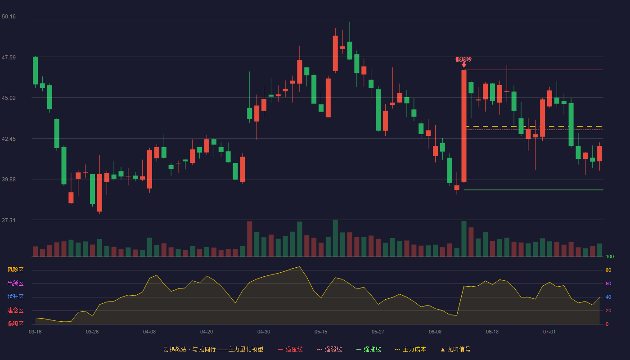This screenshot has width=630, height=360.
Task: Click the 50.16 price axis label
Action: pyautogui.click(x=9, y=17)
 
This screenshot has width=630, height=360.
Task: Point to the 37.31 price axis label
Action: pyautogui.click(x=9, y=220)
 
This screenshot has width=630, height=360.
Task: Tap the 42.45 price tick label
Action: pyautogui.click(x=9, y=139)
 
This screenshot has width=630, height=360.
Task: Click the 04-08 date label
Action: pyautogui.click(x=149, y=332)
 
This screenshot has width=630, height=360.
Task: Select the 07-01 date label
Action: pyautogui.click(x=549, y=332)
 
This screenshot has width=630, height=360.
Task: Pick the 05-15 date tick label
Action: pyautogui.click(x=321, y=332)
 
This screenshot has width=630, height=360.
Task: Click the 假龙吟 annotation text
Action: pyautogui.click(x=463, y=59)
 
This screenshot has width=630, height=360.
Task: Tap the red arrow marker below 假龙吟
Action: pyautogui.click(x=464, y=65)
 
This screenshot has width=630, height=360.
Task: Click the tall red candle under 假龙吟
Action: pyautogui.click(x=464, y=126)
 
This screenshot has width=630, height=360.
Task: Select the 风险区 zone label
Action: pyautogui.click(x=15, y=270)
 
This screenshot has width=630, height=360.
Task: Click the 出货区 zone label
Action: pyautogui.click(x=15, y=283)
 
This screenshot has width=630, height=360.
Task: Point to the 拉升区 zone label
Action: pyautogui.click(x=15, y=297)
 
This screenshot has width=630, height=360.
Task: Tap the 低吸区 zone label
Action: pyautogui.click(x=15, y=324)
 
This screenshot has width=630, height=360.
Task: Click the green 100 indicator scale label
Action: pyautogui.click(x=610, y=256)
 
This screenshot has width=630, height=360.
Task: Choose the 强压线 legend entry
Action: pyautogui.click(x=290, y=349)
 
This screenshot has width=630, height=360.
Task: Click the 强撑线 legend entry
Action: pyautogui.click(x=369, y=349)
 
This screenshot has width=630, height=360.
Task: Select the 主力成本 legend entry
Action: pyautogui.click(x=410, y=349)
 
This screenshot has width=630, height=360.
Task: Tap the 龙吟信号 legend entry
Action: pyautogui.click(x=455, y=349)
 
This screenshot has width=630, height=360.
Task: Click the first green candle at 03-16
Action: pyautogui.click(x=35, y=71)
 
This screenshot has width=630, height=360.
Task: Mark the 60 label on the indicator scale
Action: pyautogui.click(x=608, y=283)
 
